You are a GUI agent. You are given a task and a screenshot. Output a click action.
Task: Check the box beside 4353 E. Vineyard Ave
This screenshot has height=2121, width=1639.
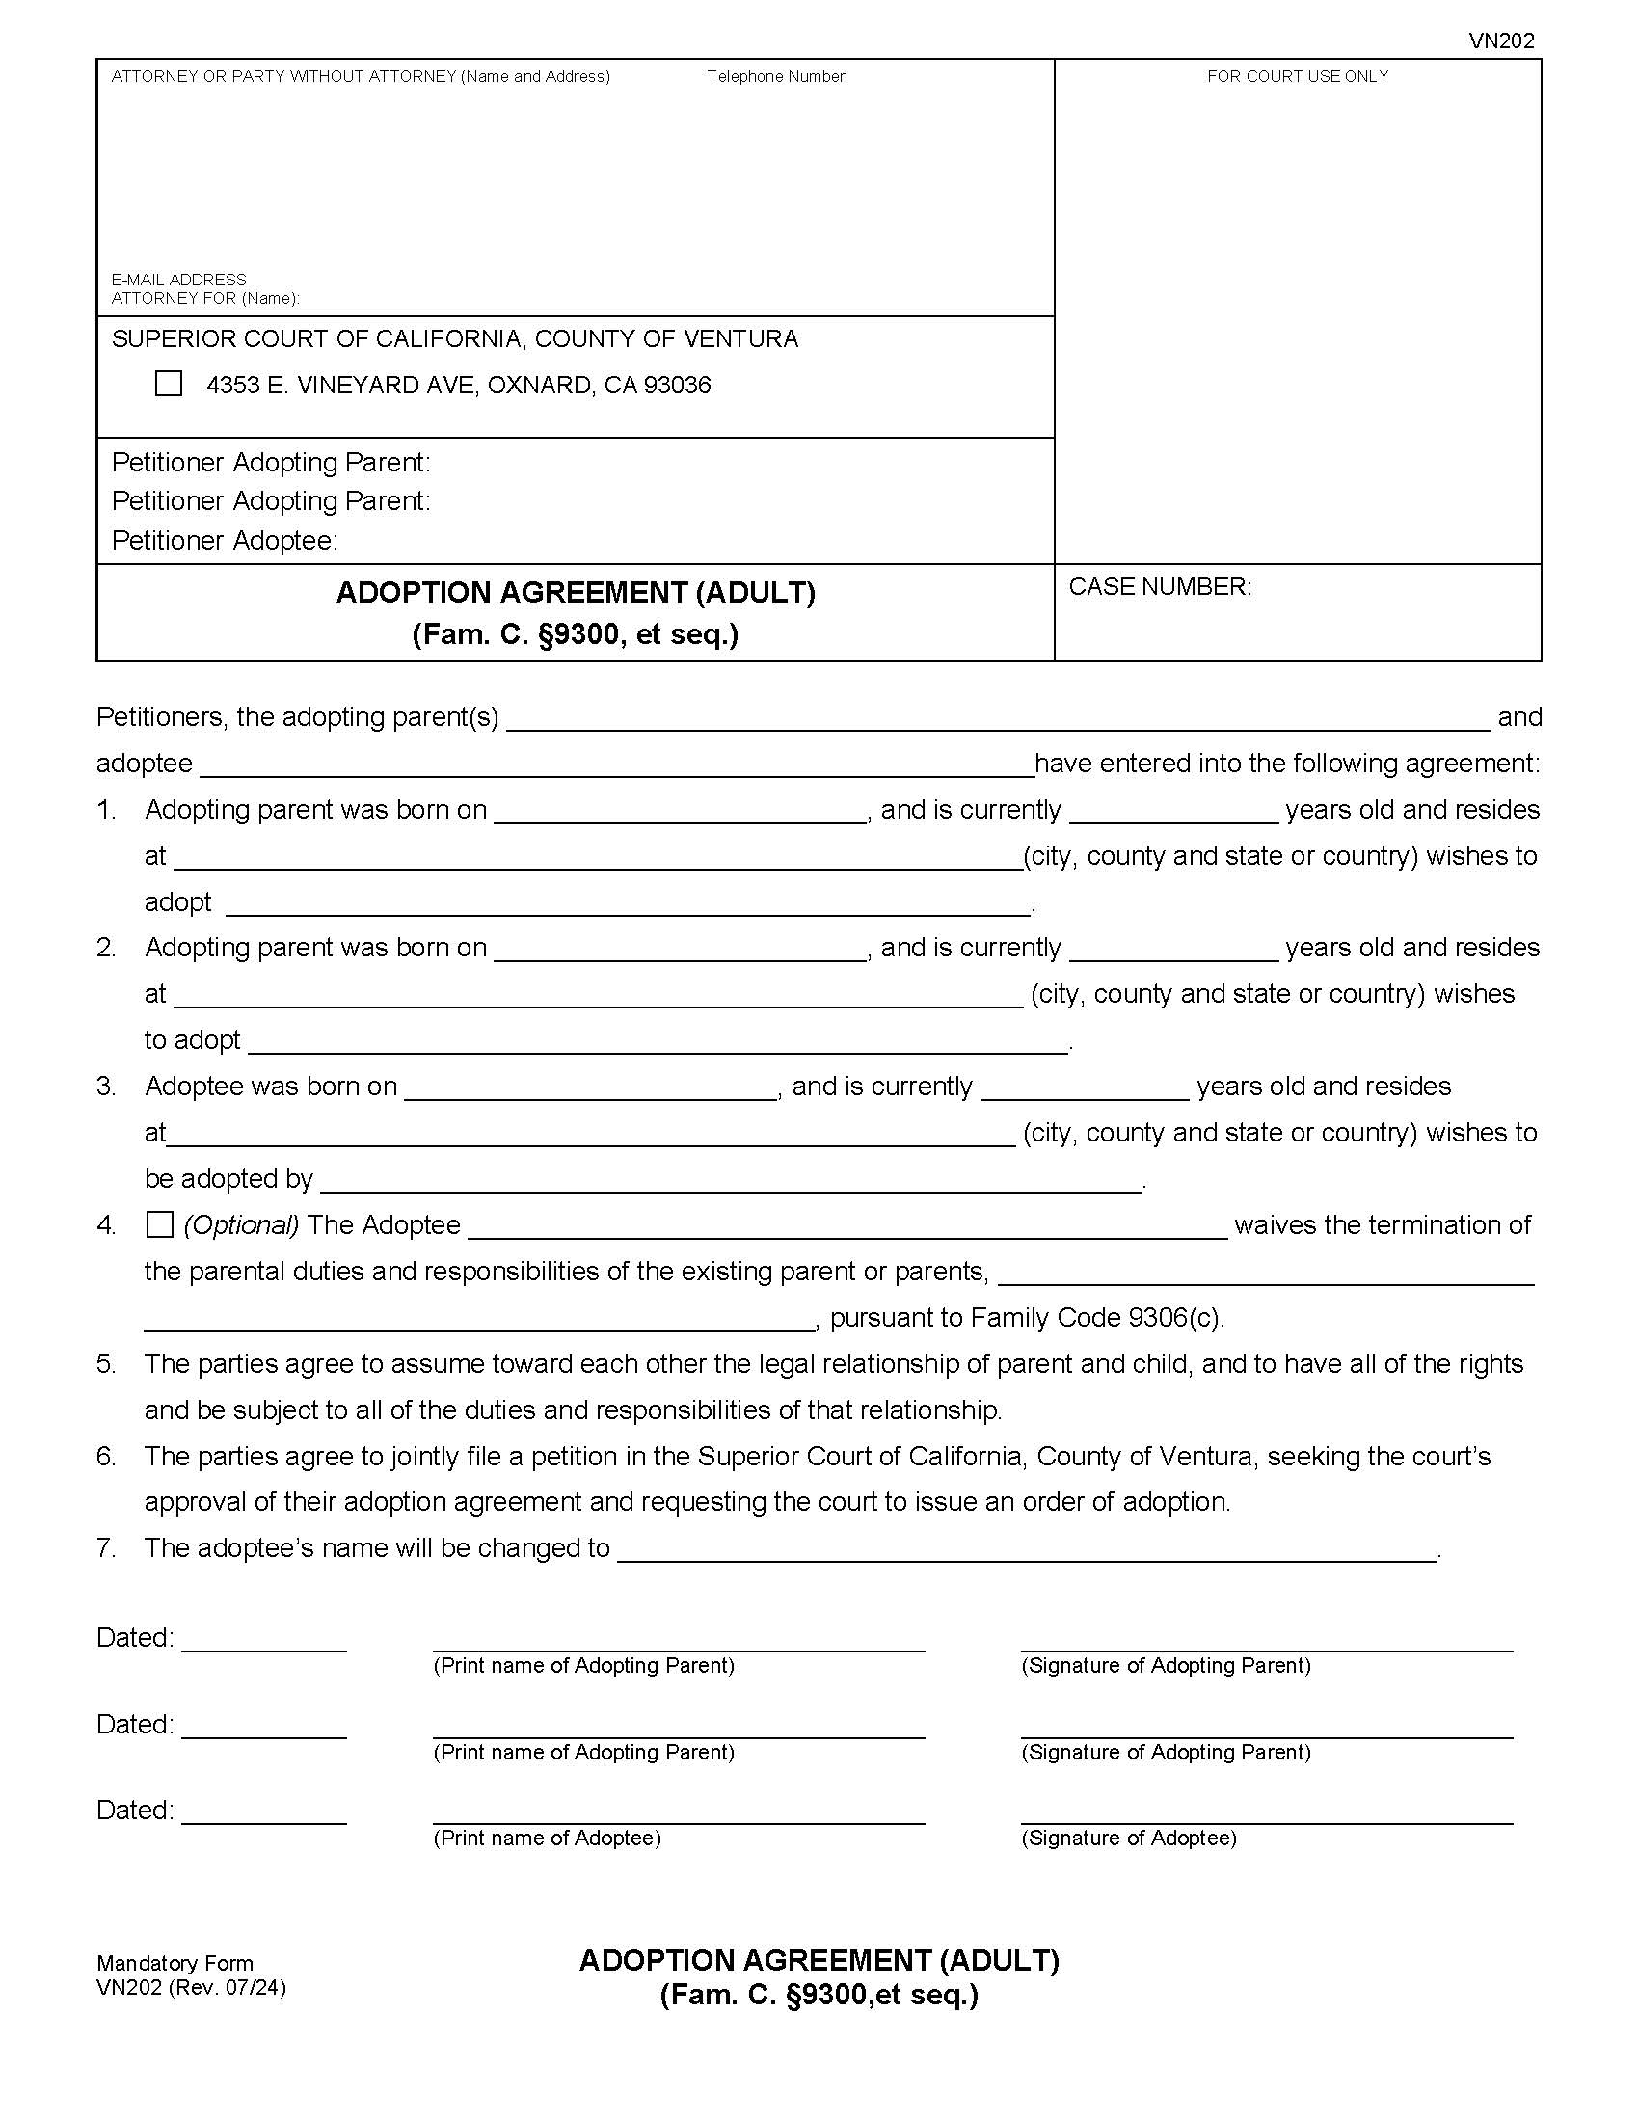click(x=168, y=384)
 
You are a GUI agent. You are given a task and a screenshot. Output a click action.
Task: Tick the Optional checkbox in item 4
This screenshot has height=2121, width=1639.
click(x=159, y=1224)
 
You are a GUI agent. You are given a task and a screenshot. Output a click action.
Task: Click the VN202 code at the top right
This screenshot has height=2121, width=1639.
click(x=1500, y=40)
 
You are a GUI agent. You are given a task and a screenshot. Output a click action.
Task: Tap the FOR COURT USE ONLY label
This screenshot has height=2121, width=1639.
click(x=1297, y=77)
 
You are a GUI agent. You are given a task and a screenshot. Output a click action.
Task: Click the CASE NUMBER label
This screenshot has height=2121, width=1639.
click(x=1159, y=586)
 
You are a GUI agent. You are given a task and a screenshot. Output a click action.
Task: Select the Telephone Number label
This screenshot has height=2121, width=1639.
click(x=775, y=77)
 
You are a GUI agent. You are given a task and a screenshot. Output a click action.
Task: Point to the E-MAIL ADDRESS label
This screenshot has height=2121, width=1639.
click(x=178, y=280)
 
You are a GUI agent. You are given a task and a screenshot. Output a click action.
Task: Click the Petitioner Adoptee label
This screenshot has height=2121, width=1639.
click(x=225, y=540)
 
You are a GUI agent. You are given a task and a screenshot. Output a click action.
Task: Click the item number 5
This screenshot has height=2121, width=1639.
click(x=106, y=1363)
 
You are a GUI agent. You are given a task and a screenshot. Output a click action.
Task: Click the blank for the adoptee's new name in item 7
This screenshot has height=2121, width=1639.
click(x=1027, y=1551)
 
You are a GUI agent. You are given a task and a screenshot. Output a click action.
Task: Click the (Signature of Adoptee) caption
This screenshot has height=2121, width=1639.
click(x=1128, y=1838)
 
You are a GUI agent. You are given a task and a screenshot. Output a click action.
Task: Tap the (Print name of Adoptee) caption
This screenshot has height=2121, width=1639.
click(x=547, y=1838)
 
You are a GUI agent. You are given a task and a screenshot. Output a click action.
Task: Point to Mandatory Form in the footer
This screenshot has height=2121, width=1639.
click(x=175, y=1963)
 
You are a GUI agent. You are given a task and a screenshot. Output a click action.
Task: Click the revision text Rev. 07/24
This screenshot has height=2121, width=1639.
click(x=227, y=1987)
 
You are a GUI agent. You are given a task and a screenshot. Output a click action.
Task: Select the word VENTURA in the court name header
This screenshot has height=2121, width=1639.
click(x=739, y=339)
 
